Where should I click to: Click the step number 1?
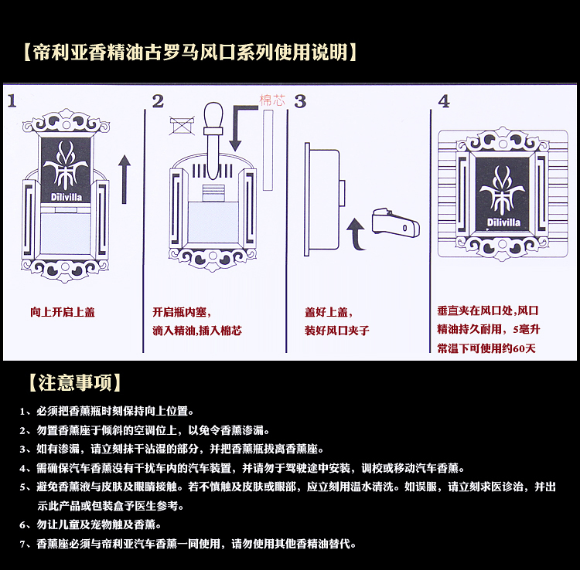coord(14,101)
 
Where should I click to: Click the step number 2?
coord(159,101)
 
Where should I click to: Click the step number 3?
coord(301,101)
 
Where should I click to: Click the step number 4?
coord(444,101)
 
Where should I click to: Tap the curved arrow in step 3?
coord(357,232)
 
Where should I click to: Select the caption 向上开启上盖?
coord(63,313)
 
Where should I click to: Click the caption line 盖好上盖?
coord(328,313)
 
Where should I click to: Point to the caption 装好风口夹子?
coord(337,331)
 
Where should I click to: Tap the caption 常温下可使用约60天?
coord(486,348)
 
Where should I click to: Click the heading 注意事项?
coord(74,383)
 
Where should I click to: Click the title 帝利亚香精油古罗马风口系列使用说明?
coord(189,53)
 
